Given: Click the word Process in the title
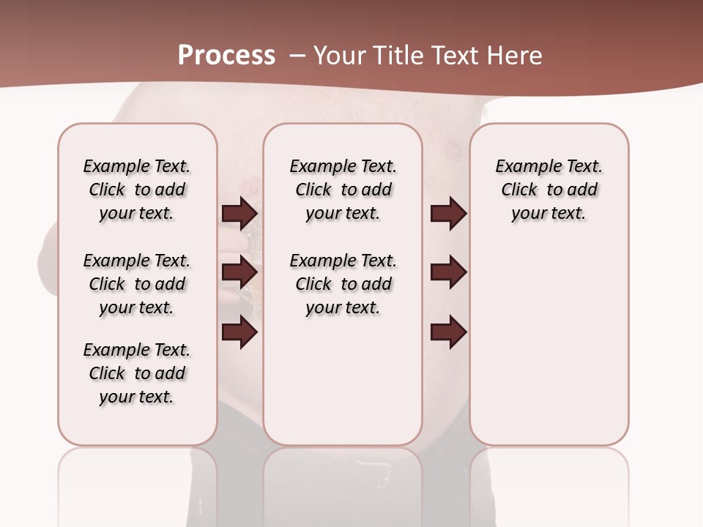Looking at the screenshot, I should tap(226, 56).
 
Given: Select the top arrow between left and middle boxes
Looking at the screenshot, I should tap(240, 214).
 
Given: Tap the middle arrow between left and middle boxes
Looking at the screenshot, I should tap(240, 272).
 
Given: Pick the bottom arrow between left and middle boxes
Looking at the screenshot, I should tap(240, 333).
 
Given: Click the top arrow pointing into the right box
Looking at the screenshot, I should tap(448, 214).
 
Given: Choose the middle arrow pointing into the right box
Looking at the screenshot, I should tap(448, 272).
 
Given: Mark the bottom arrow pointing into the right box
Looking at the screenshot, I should tap(448, 333).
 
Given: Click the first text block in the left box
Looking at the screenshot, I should tap(137, 190).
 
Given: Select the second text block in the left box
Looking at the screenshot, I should tap(137, 284).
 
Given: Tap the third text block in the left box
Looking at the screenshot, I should tap(137, 373).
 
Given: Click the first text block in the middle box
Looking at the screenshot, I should tap(343, 190).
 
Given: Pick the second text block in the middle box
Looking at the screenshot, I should tap(343, 284).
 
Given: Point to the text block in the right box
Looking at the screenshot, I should tap(549, 190).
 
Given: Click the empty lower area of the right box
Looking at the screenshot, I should tap(549, 351).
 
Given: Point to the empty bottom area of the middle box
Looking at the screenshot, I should tap(343, 388).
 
